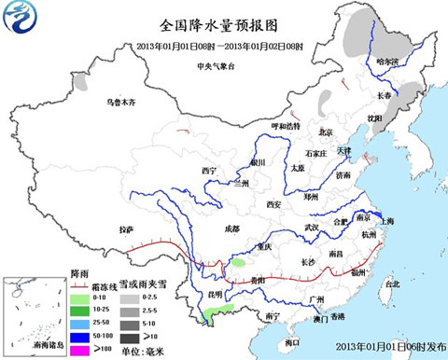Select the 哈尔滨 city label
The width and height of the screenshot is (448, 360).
click(386, 62)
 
